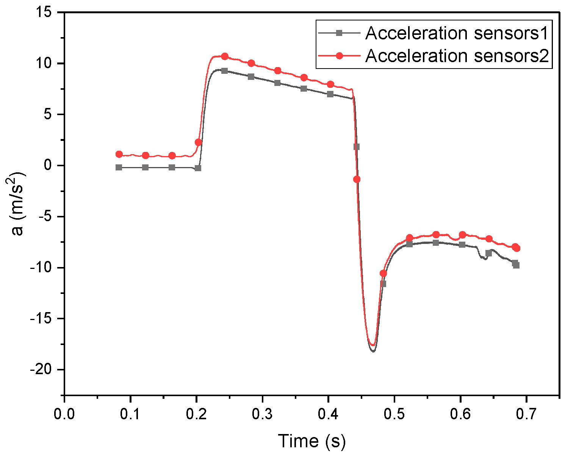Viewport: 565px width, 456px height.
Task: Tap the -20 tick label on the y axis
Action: pyautogui.click(x=45, y=370)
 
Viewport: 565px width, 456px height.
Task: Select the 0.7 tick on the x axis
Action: pyautogui.click(x=526, y=397)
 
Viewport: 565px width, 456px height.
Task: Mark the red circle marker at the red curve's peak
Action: pyautogui.click(x=225, y=56)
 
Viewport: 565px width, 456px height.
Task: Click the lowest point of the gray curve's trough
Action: pyautogui.click(x=373, y=351)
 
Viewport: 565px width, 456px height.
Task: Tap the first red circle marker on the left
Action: pyautogui.click(x=119, y=154)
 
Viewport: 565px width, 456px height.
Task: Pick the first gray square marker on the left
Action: pyautogui.click(x=119, y=167)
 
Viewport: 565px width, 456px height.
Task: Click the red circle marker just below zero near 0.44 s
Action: pyautogui.click(x=357, y=180)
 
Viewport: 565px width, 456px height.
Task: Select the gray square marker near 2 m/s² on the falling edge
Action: pyautogui.click(x=357, y=147)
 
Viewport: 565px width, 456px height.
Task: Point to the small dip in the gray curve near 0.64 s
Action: pyautogui.click(x=484, y=258)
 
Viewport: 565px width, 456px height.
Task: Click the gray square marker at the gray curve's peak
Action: pyautogui.click(x=225, y=71)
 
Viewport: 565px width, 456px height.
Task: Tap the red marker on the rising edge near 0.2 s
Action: pyautogui.click(x=198, y=142)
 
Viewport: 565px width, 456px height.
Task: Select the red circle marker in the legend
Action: pyautogui.click(x=340, y=56)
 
